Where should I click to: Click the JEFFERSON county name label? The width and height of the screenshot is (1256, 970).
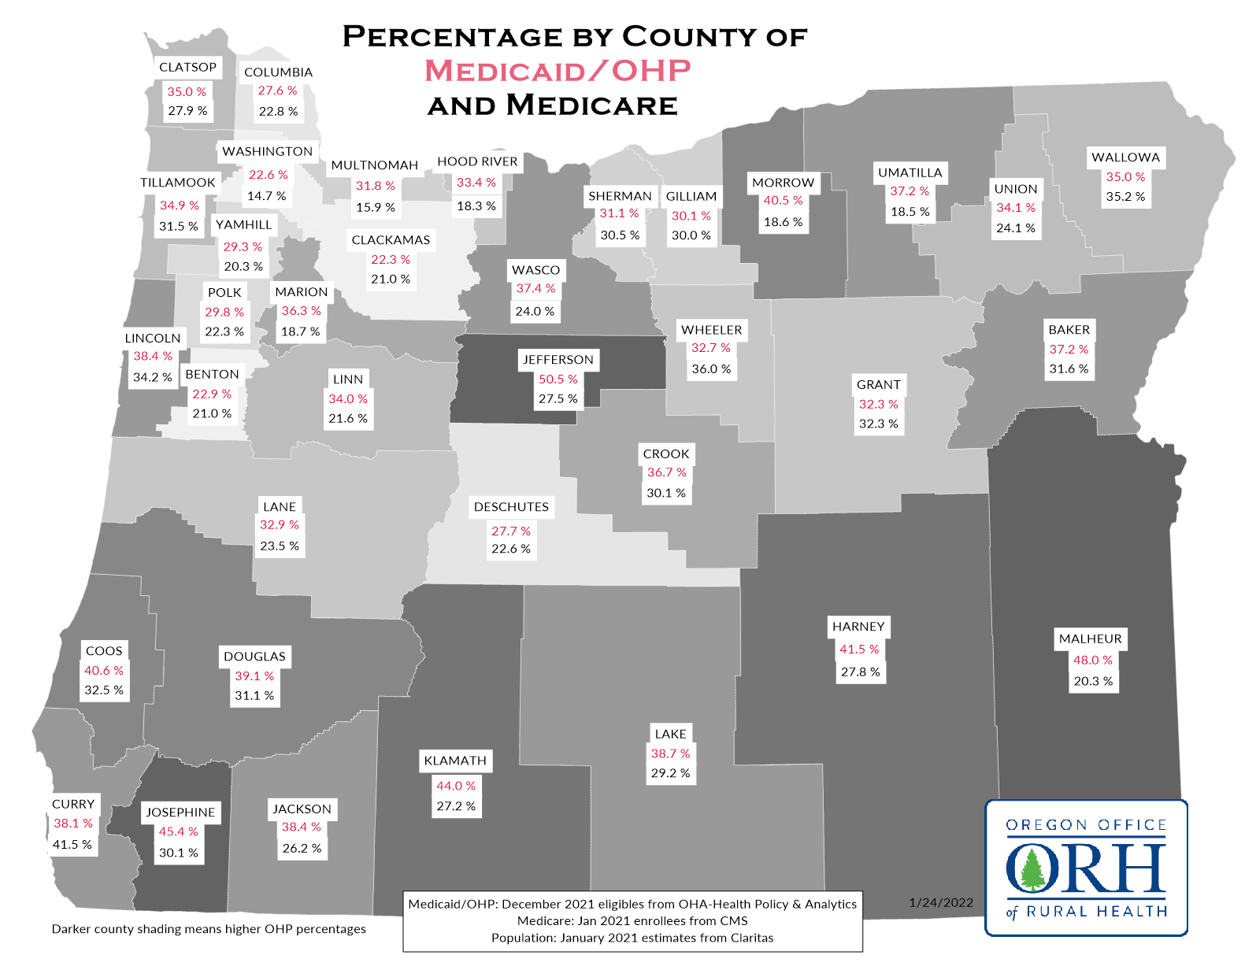click(558, 360)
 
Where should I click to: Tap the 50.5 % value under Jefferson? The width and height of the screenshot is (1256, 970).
click(558, 379)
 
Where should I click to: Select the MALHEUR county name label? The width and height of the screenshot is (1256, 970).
click(1090, 639)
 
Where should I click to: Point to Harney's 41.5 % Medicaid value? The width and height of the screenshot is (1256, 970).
click(858, 650)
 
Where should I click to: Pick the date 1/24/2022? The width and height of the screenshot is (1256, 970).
click(941, 903)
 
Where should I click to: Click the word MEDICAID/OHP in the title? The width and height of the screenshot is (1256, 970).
click(558, 71)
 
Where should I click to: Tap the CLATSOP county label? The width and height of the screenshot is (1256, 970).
click(187, 68)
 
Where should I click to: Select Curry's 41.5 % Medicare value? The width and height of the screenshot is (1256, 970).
click(72, 845)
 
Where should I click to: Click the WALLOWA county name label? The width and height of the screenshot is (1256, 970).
click(1125, 157)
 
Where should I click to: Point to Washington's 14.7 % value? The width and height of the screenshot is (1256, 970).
click(267, 196)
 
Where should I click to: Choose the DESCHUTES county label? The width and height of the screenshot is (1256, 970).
click(511, 507)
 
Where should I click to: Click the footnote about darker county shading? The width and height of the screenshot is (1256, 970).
click(209, 929)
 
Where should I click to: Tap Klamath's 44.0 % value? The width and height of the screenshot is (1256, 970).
click(456, 787)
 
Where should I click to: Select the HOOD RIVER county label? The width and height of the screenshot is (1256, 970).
click(477, 161)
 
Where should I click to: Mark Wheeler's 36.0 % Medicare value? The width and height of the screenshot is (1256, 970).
click(711, 369)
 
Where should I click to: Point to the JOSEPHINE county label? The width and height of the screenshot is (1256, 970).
click(180, 813)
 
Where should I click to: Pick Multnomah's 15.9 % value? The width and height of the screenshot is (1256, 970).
click(376, 208)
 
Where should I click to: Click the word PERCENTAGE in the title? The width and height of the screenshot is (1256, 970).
click(452, 37)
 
